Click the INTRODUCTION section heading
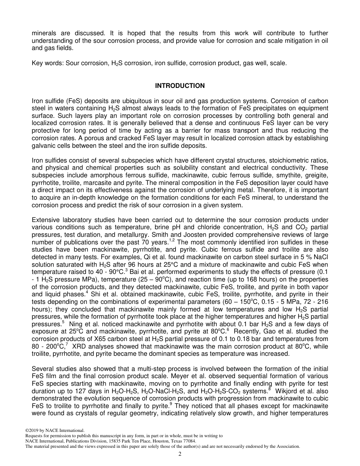pos(180,86)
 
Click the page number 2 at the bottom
pos(180,454)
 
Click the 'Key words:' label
pos(47,63)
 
